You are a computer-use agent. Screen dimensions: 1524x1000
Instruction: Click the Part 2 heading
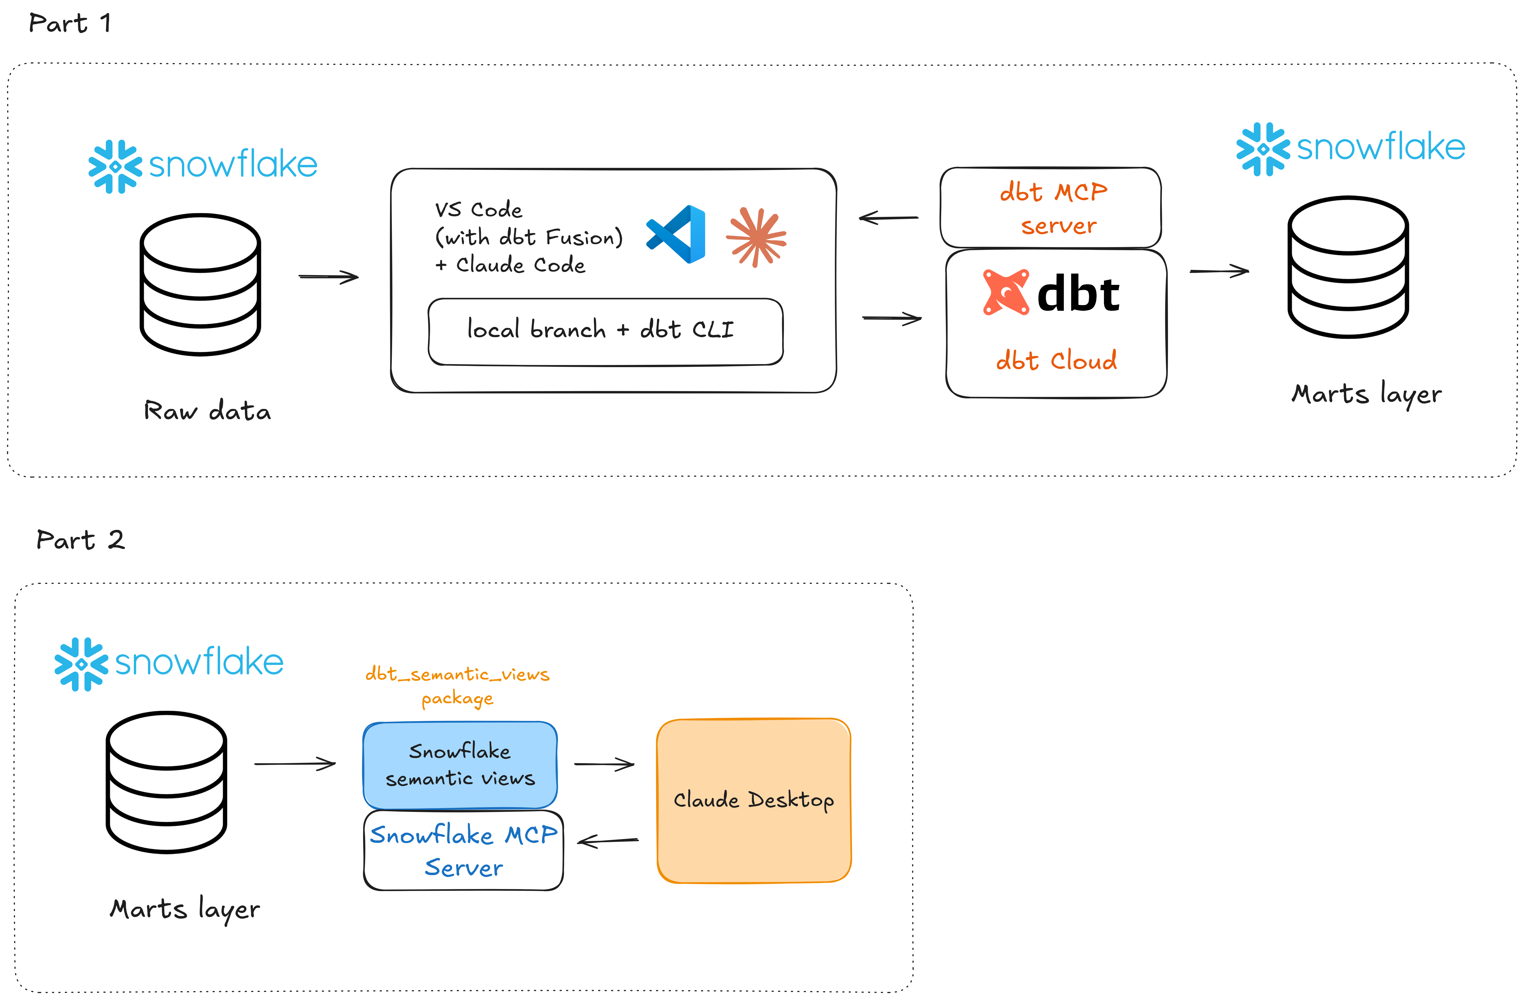[80, 540]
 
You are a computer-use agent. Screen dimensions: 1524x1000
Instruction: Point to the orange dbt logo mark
[1006, 292]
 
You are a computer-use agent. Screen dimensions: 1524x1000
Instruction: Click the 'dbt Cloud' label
[1057, 361]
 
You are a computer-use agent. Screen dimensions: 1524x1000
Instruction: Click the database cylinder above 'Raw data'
[200, 284]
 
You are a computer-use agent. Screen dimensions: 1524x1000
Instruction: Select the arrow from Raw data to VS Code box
[329, 277]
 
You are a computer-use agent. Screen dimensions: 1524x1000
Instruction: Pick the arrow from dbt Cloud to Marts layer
[1219, 271]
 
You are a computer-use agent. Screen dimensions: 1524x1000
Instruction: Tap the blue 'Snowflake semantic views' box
[460, 765]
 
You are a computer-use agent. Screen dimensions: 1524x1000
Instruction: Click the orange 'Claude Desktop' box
[754, 801]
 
